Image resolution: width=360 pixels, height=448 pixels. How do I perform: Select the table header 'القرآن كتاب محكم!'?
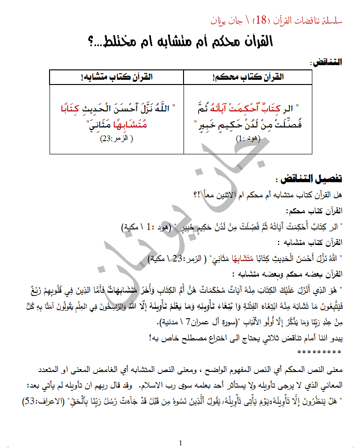click(x=248, y=77)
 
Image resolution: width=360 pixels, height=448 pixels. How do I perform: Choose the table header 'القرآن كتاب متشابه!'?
click(x=117, y=77)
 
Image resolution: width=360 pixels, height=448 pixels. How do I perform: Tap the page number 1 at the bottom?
click(x=180, y=442)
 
